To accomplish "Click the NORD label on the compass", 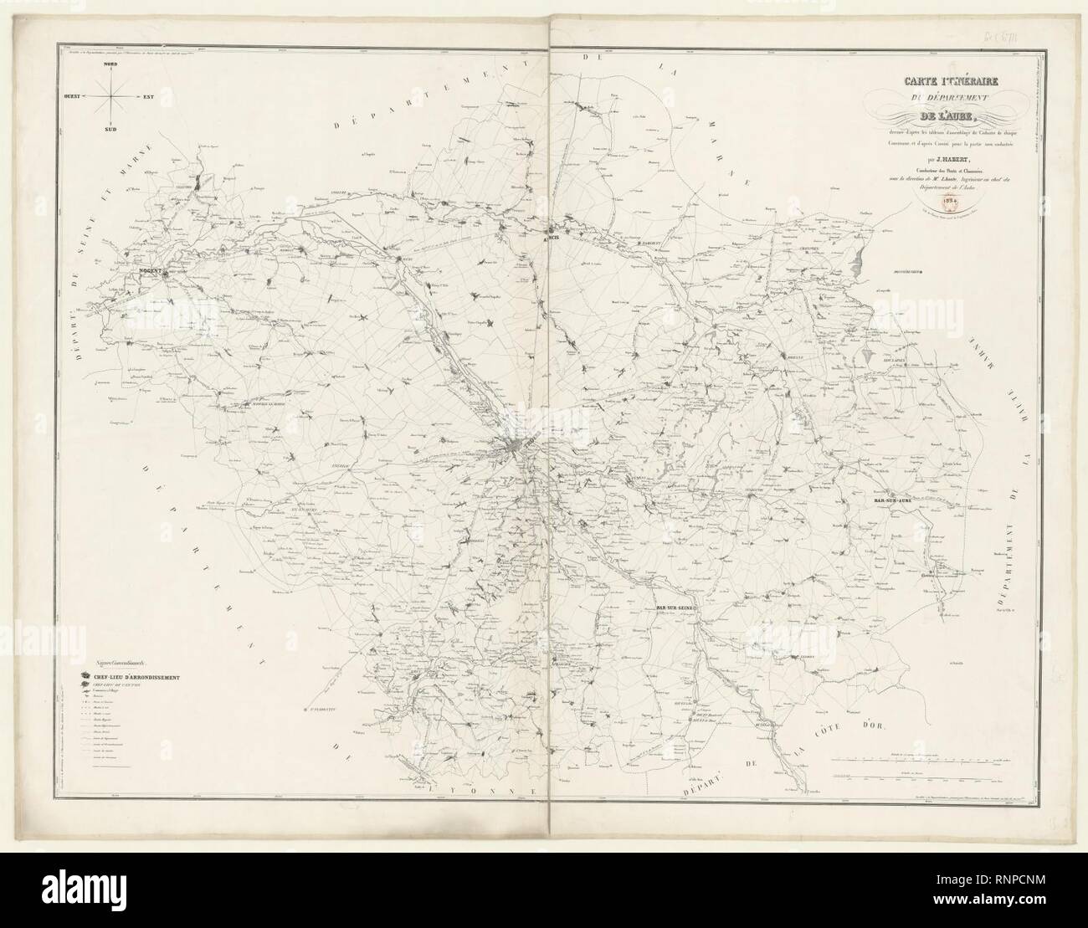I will pos(110,64).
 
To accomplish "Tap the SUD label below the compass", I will pos(110,131).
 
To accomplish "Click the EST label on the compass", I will pos(150,98).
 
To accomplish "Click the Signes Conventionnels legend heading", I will pos(121,661).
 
